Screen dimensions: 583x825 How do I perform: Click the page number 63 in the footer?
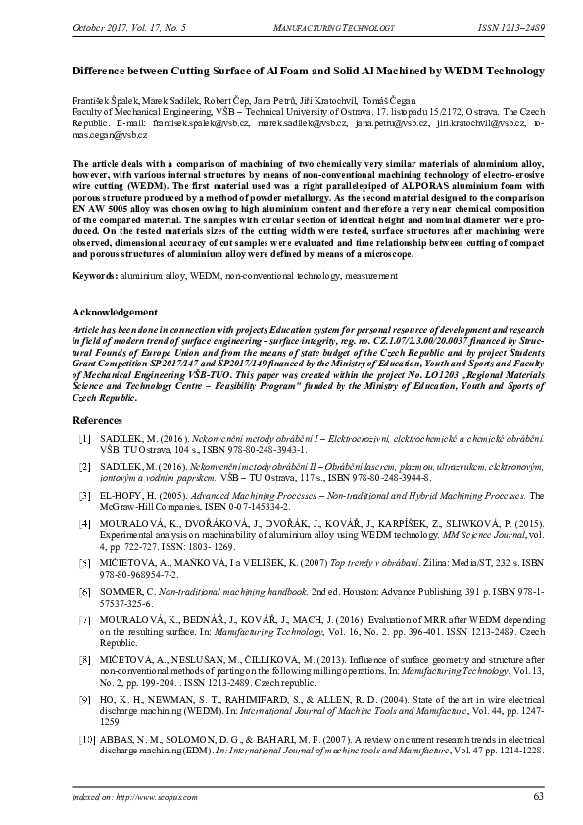[x=537, y=795]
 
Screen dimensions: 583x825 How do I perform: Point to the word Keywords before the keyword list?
[x=95, y=277]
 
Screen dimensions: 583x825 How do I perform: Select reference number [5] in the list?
[x=85, y=564]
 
